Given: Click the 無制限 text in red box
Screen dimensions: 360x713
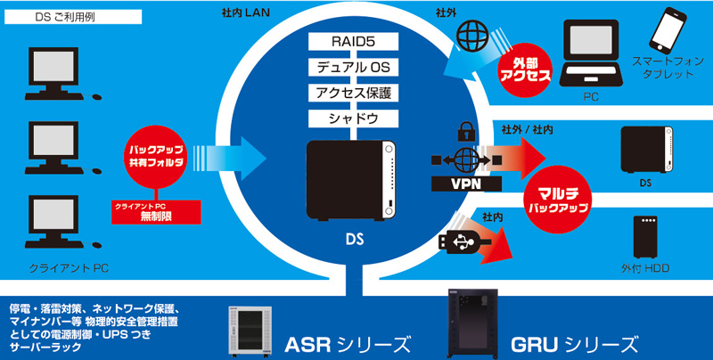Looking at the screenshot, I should [156, 216].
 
